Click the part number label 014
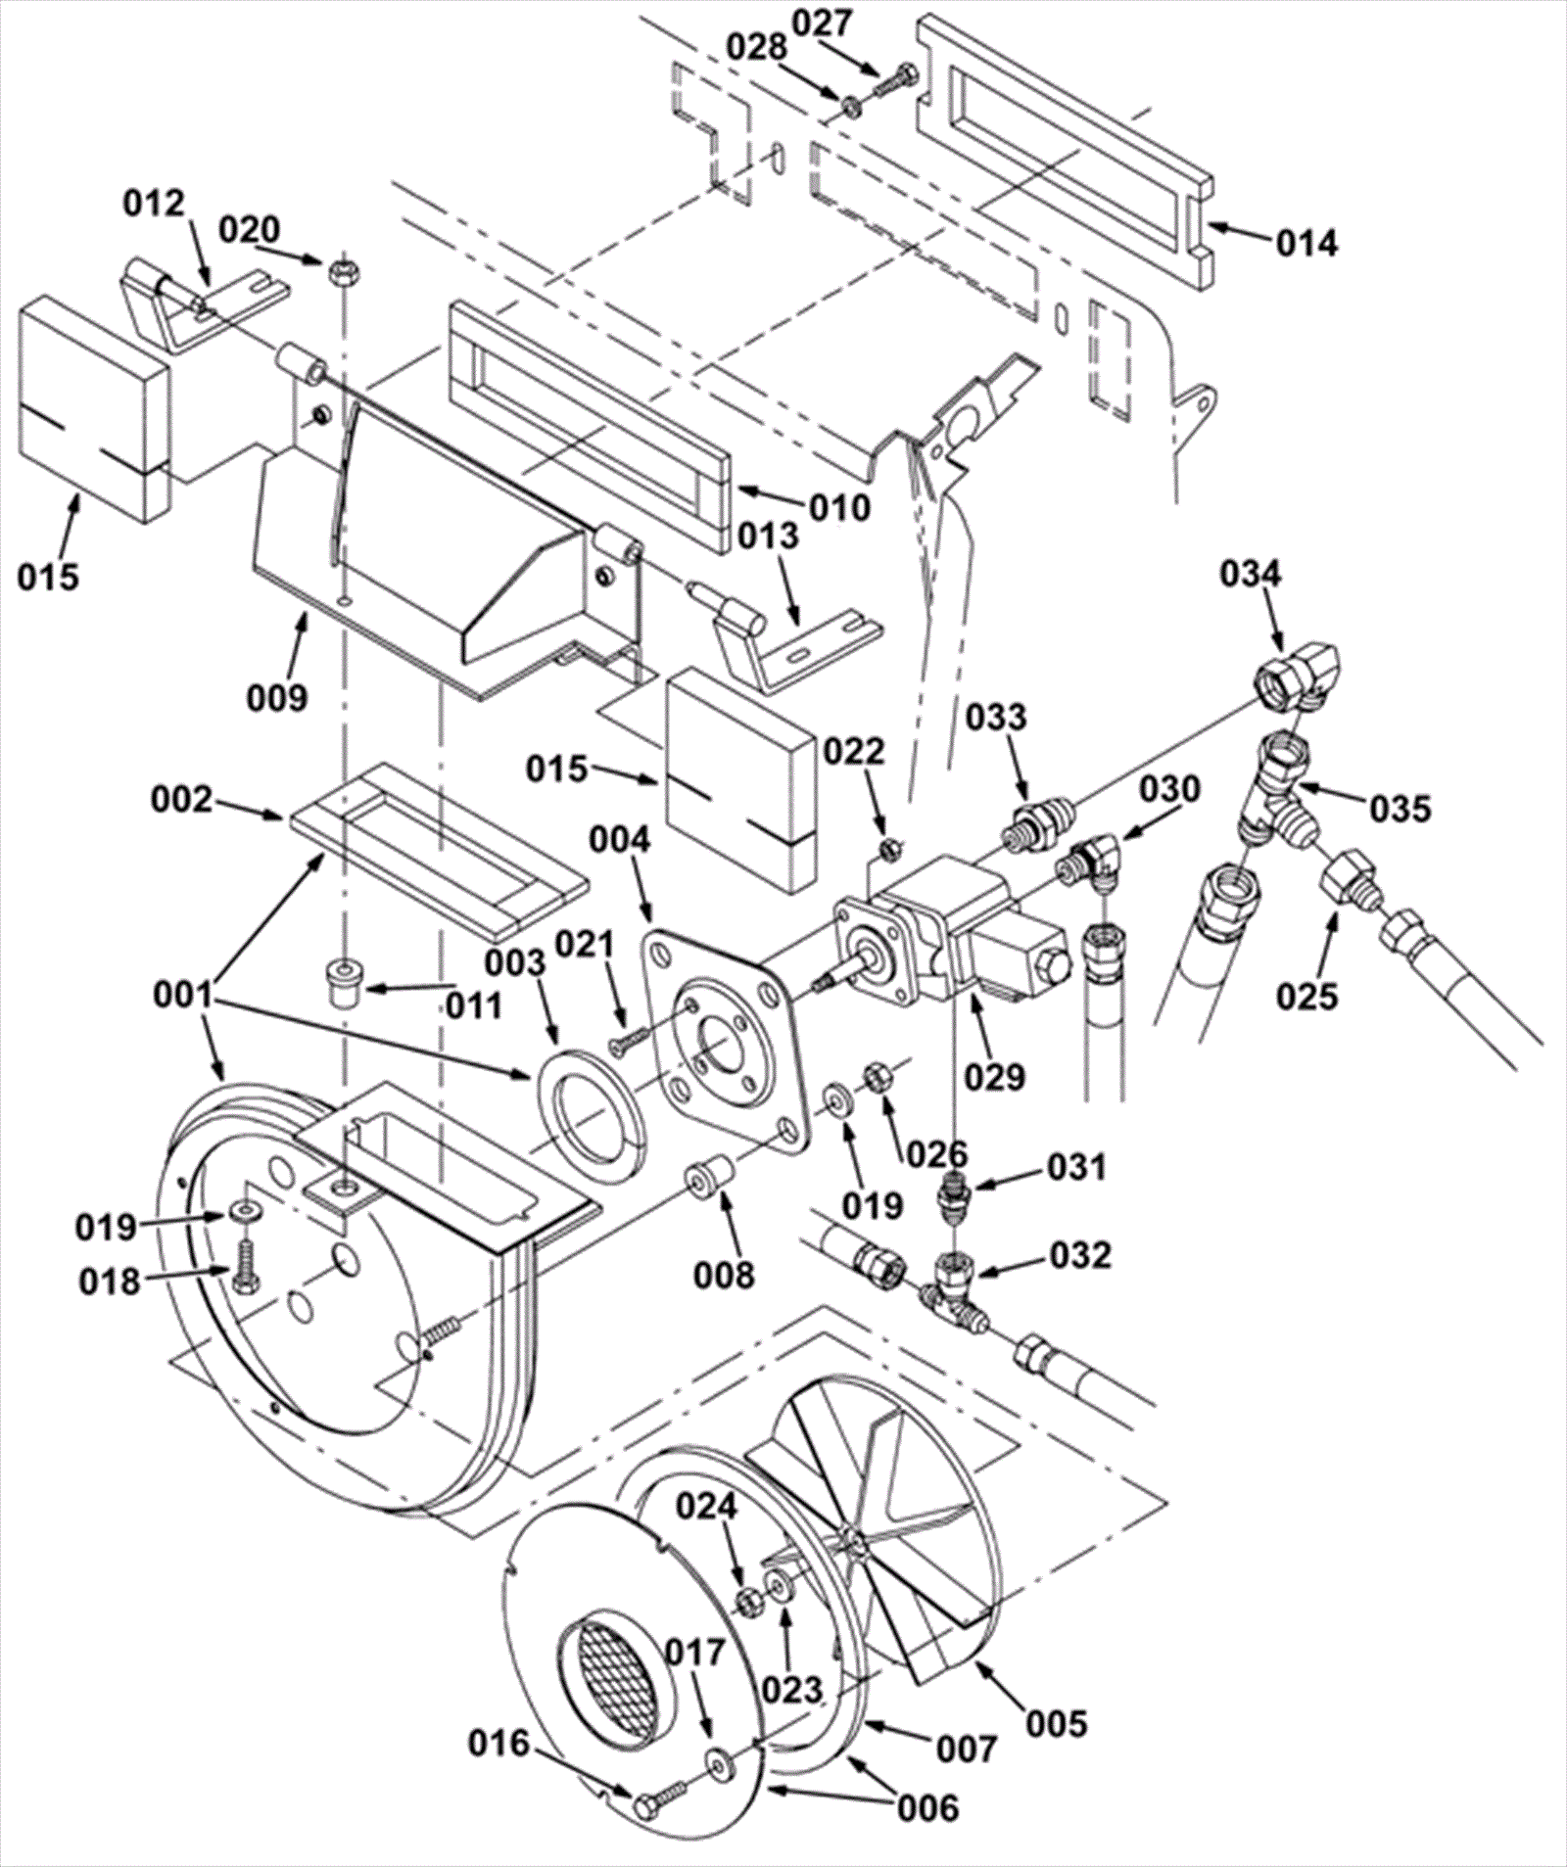point(1306,242)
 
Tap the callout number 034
point(1251,575)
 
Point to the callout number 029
point(993,1076)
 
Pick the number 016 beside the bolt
point(499,1743)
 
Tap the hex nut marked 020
point(341,267)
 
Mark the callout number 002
point(181,800)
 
